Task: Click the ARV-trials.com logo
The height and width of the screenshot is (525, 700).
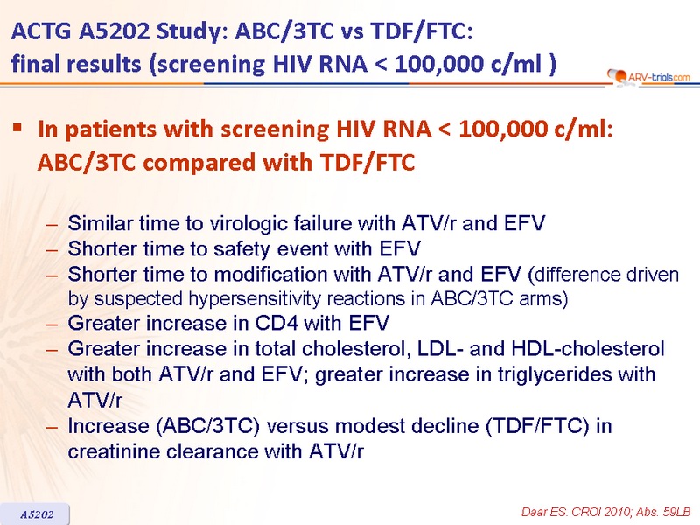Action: click(x=648, y=77)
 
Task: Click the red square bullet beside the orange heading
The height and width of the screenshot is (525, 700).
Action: click(x=17, y=129)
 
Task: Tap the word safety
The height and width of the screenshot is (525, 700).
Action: click(x=242, y=249)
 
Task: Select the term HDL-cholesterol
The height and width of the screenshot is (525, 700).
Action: click(x=588, y=348)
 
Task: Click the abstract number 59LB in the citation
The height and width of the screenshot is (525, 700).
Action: click(x=676, y=513)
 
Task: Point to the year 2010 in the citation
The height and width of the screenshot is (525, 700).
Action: click(x=619, y=513)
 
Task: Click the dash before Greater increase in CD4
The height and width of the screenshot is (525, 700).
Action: click(x=52, y=324)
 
